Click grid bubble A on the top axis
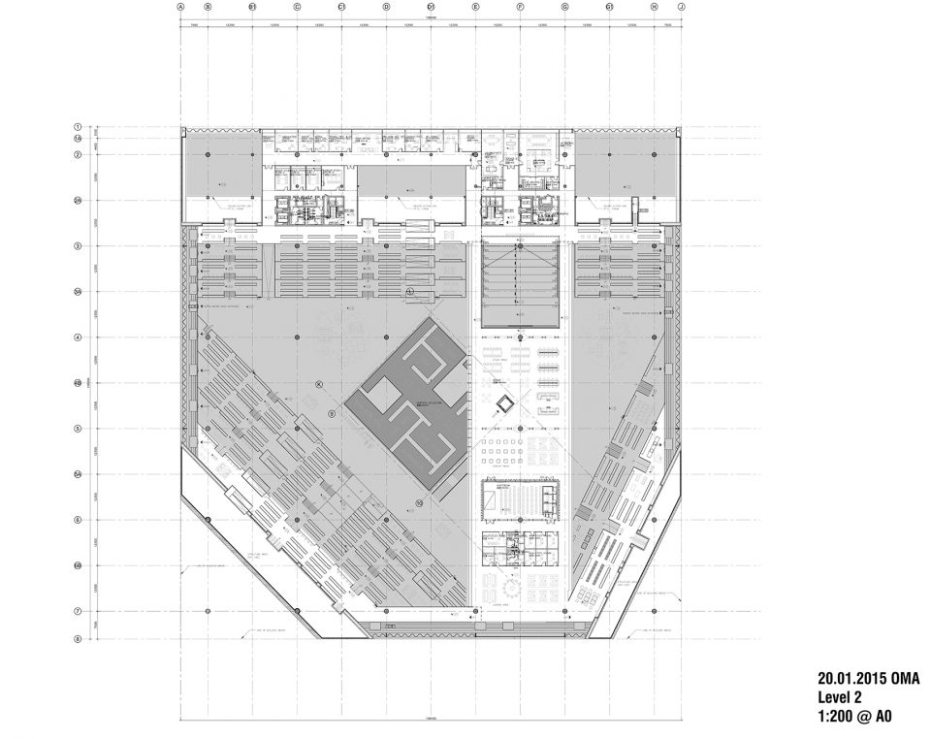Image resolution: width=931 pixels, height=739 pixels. pyautogui.click(x=181, y=6)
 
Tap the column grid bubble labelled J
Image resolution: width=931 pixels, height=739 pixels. pyautogui.click(x=682, y=6)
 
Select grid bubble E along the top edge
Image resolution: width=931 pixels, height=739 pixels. pyautogui.click(x=476, y=6)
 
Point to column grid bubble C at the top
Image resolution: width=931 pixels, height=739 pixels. pyautogui.click(x=297, y=6)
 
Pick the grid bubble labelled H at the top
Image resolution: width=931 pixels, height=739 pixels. pyautogui.click(x=655, y=6)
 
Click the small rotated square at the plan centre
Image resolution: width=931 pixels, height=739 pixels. pyautogui.click(x=504, y=404)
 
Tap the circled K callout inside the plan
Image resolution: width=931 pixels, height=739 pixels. pyautogui.click(x=318, y=384)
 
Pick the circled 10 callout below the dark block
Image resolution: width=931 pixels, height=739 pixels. pyautogui.click(x=419, y=502)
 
